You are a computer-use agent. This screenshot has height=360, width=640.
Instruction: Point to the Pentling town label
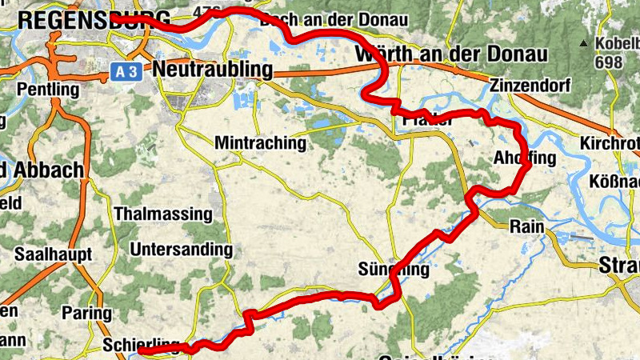pos(48,89)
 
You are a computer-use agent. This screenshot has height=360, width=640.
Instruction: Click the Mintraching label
pos(261,143)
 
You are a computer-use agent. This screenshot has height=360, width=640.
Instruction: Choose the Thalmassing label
pos(163,214)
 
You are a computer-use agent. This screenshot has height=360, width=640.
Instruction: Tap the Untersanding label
pos(181,250)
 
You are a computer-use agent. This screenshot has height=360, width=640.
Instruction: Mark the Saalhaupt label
pos(54,254)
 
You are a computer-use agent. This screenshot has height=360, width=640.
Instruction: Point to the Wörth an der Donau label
pos(450,54)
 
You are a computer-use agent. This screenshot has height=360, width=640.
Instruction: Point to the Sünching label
pos(394,270)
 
